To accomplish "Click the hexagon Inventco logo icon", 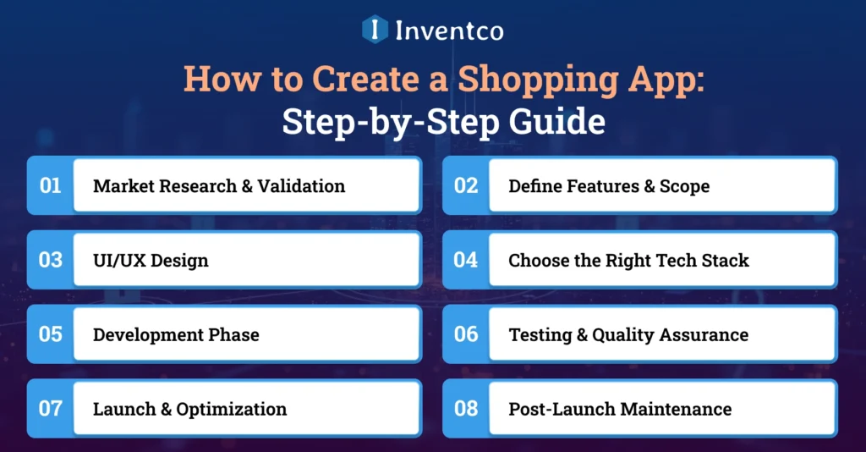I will (x=375, y=30).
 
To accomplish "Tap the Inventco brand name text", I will (x=449, y=30).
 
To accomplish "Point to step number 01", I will (x=51, y=185).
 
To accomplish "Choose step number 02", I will (x=466, y=185).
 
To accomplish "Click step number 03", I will (x=51, y=260).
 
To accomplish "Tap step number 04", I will (x=466, y=260).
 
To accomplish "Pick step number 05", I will (x=51, y=334).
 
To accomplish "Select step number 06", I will (x=466, y=334).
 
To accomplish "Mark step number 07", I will (x=51, y=409).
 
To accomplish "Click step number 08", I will (x=466, y=409).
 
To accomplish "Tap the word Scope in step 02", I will (x=684, y=186).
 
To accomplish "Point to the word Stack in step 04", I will (x=724, y=261).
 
